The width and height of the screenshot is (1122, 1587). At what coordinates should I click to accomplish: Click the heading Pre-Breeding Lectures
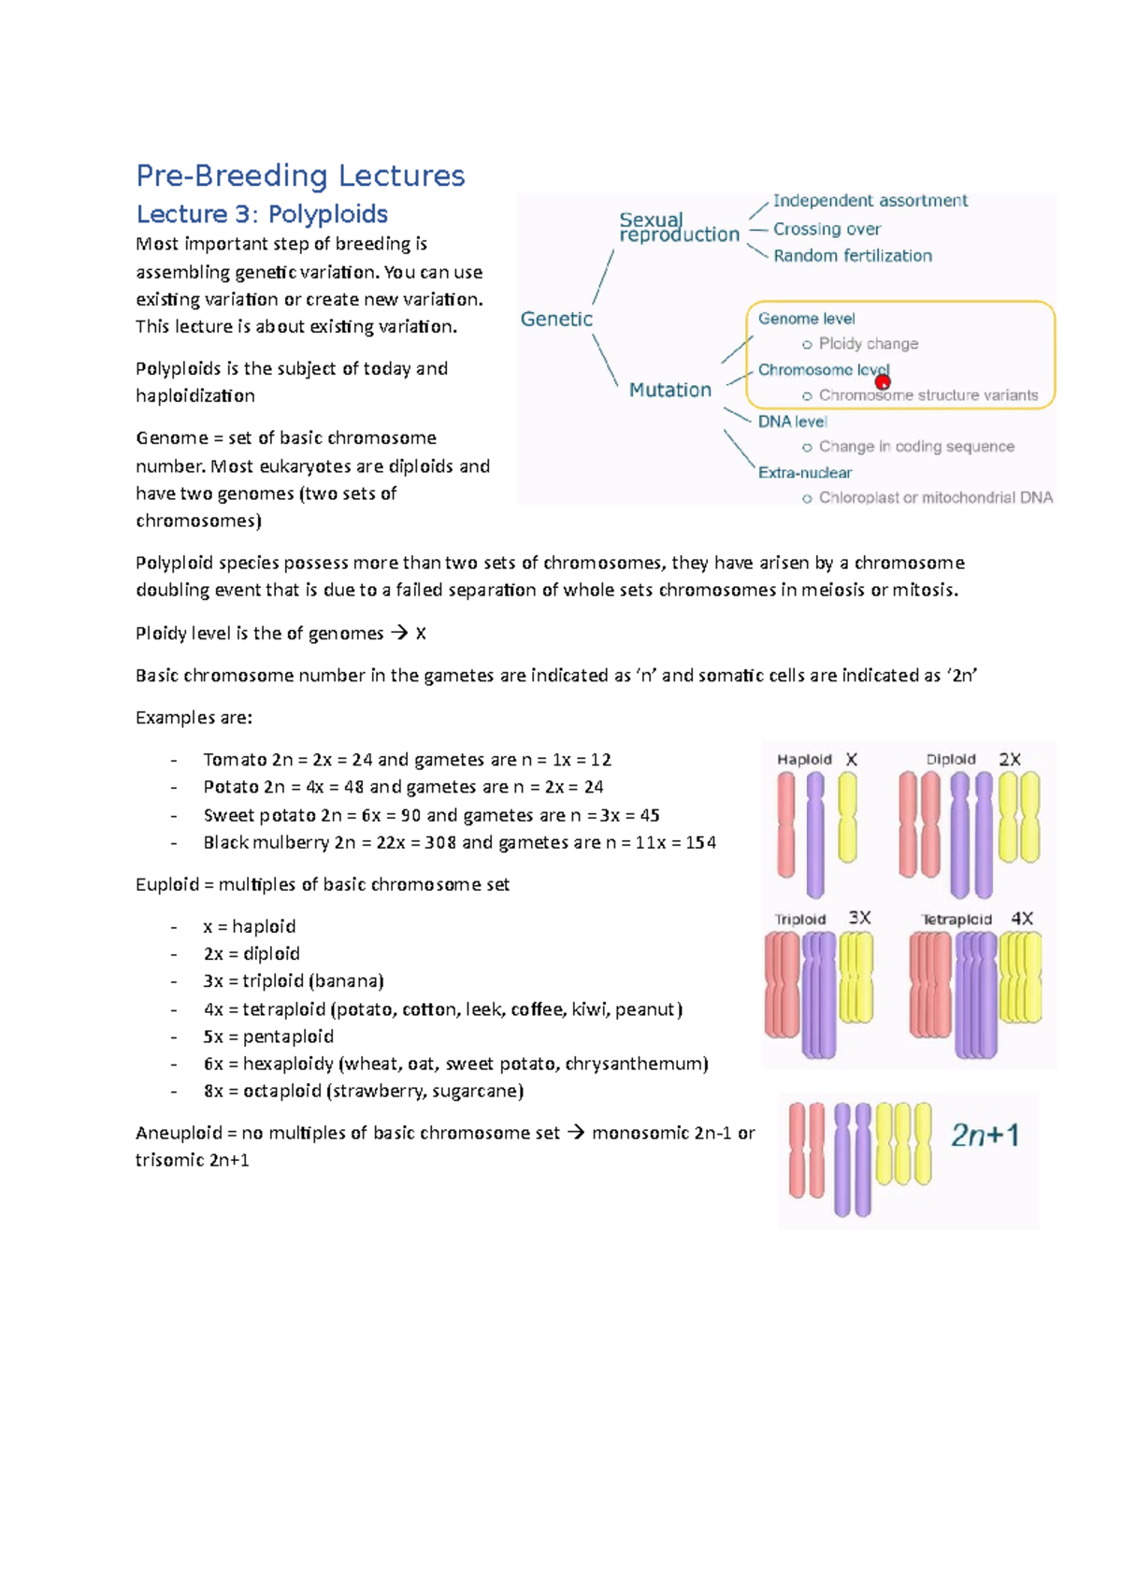300,176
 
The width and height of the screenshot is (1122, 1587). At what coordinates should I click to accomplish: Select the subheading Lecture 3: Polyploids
262,214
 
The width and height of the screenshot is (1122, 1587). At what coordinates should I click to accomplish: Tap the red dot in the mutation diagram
883,381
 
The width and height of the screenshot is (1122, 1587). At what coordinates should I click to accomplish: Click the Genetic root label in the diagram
556,320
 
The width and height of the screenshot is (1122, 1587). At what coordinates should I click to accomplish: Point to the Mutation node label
669,390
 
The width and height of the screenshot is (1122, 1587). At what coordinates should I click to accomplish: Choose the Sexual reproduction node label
679,227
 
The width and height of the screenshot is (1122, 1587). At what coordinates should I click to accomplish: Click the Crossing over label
827,229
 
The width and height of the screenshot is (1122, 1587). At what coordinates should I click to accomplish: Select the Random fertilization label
852,256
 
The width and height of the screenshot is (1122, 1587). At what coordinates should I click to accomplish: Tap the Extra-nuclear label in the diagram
804,473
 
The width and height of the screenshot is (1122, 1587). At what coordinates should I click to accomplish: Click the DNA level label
792,422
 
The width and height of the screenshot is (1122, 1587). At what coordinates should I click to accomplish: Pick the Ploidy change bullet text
868,344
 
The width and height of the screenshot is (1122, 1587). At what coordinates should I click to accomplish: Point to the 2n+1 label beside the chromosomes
985,1136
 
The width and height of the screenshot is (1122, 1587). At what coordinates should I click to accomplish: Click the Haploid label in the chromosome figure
804,760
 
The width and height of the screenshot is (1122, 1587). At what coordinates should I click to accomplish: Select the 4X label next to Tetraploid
1022,919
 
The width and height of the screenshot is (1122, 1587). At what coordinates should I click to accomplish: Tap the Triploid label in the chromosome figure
800,920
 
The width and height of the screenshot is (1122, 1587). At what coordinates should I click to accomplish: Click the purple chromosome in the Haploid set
815,834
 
